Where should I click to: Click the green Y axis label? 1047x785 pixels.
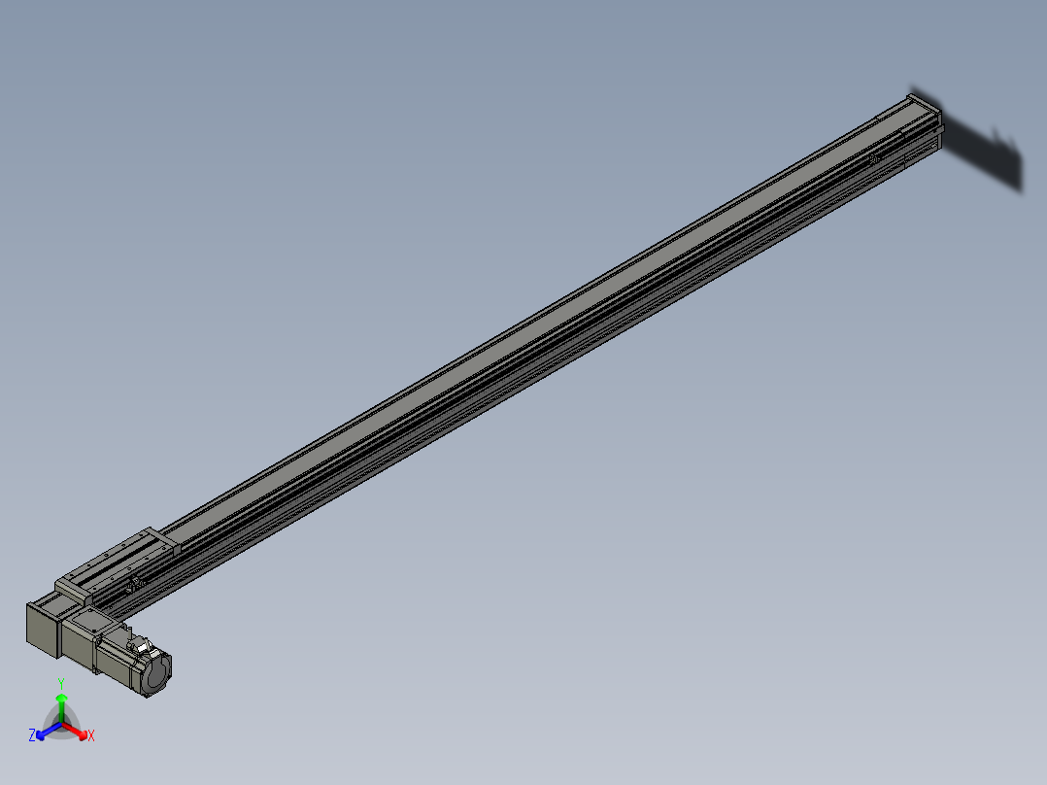[61, 683]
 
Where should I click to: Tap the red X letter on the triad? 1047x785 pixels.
[91, 736]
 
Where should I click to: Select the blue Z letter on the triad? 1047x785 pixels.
[32, 736]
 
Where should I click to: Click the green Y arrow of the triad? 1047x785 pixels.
[61, 701]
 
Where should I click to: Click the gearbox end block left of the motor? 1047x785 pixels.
[42, 624]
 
